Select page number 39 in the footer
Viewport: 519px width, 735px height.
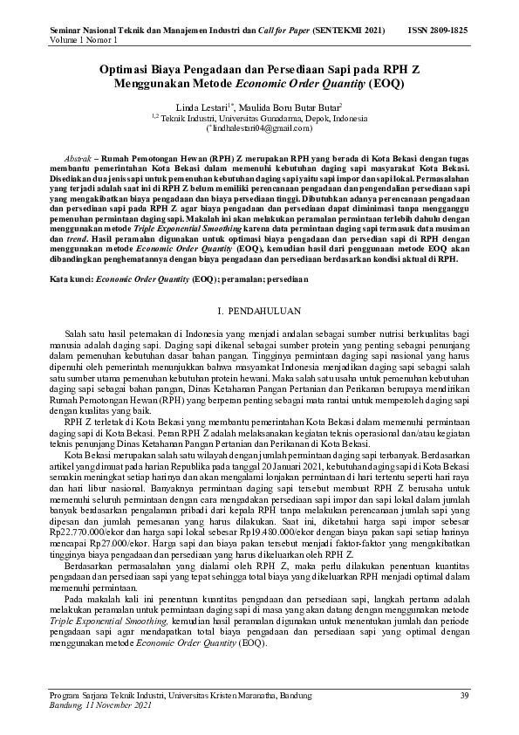pyautogui.click(x=464, y=694)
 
